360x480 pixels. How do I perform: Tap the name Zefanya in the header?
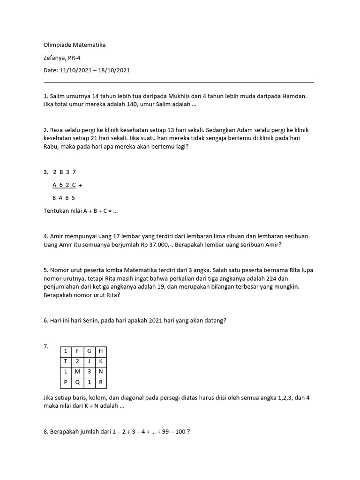54,58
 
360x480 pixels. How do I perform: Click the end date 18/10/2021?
113,70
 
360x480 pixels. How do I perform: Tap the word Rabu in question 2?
51,147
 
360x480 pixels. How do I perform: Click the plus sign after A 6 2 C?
81,185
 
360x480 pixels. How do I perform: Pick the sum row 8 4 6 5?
64,198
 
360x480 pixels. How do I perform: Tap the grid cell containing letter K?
100,361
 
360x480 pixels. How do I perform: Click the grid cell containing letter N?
100,372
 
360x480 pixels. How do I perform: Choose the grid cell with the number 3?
89,372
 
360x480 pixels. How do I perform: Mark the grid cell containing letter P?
65,382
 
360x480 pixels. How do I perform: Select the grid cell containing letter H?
100,351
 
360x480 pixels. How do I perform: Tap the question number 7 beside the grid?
46,346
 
